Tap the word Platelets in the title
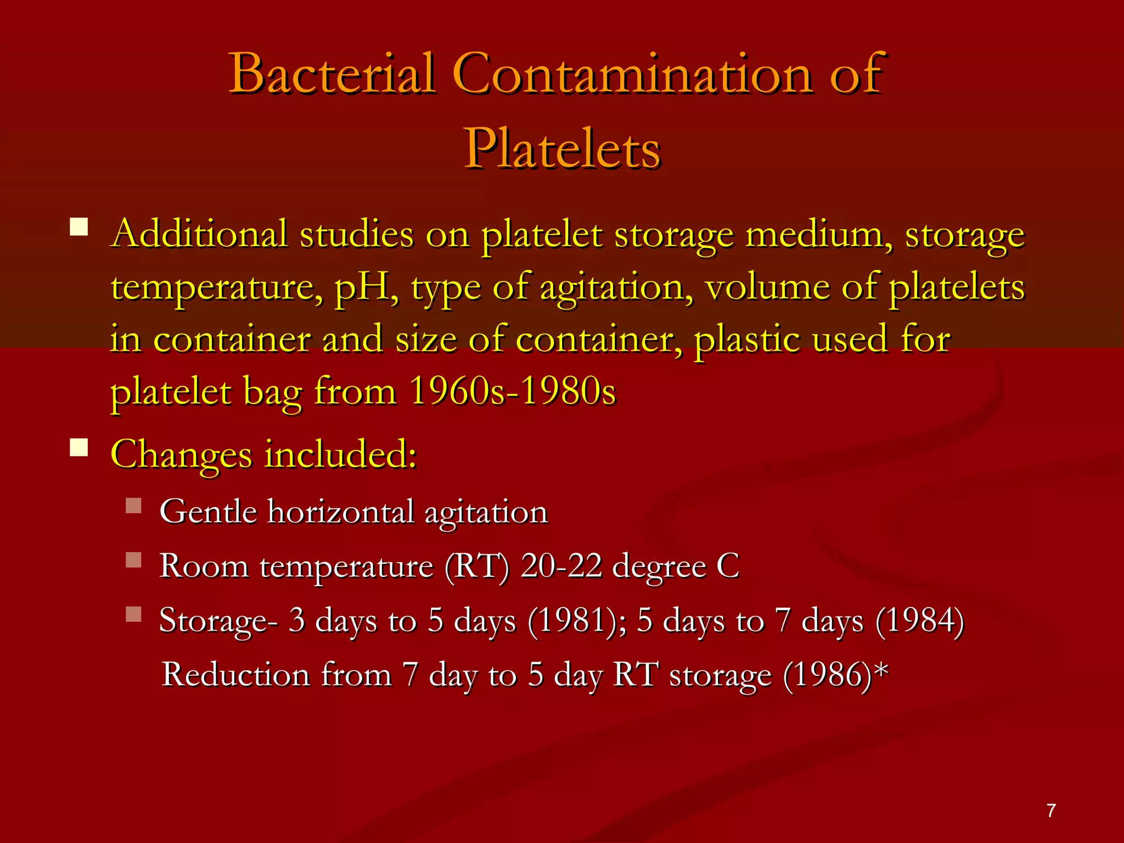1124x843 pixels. pos(563,148)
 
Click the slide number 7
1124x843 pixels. pos(1051,811)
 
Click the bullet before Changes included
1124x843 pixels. pos(79,447)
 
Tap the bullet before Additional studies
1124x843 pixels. pos(79,227)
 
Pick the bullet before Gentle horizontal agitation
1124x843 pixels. pos(133,505)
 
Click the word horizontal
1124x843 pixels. pos(340,512)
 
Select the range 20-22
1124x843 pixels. pos(561,566)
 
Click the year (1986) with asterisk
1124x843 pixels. pos(834,675)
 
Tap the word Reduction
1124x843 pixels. pos(237,675)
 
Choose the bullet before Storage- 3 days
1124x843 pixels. pos(133,614)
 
